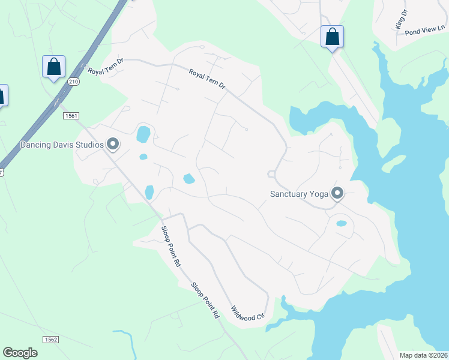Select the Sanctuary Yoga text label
pos(299,194)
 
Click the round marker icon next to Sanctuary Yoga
pos(337,193)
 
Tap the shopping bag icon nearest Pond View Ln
pos(332,37)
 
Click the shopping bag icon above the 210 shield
pos(53,67)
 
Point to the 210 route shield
pos(73,82)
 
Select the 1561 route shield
pos(71,115)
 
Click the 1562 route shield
pos(50,340)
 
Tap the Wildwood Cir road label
pos(248,313)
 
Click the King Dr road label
pos(401,19)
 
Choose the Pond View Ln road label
pos(424,32)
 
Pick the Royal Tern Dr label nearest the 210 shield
pos(106,66)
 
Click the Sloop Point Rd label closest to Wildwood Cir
pos(205,300)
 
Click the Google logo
pos(20,353)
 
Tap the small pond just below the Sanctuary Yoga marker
pos(341,224)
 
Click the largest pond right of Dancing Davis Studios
pos(143,133)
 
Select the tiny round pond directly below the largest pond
pos(143,157)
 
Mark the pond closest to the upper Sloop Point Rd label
pos(149,192)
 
